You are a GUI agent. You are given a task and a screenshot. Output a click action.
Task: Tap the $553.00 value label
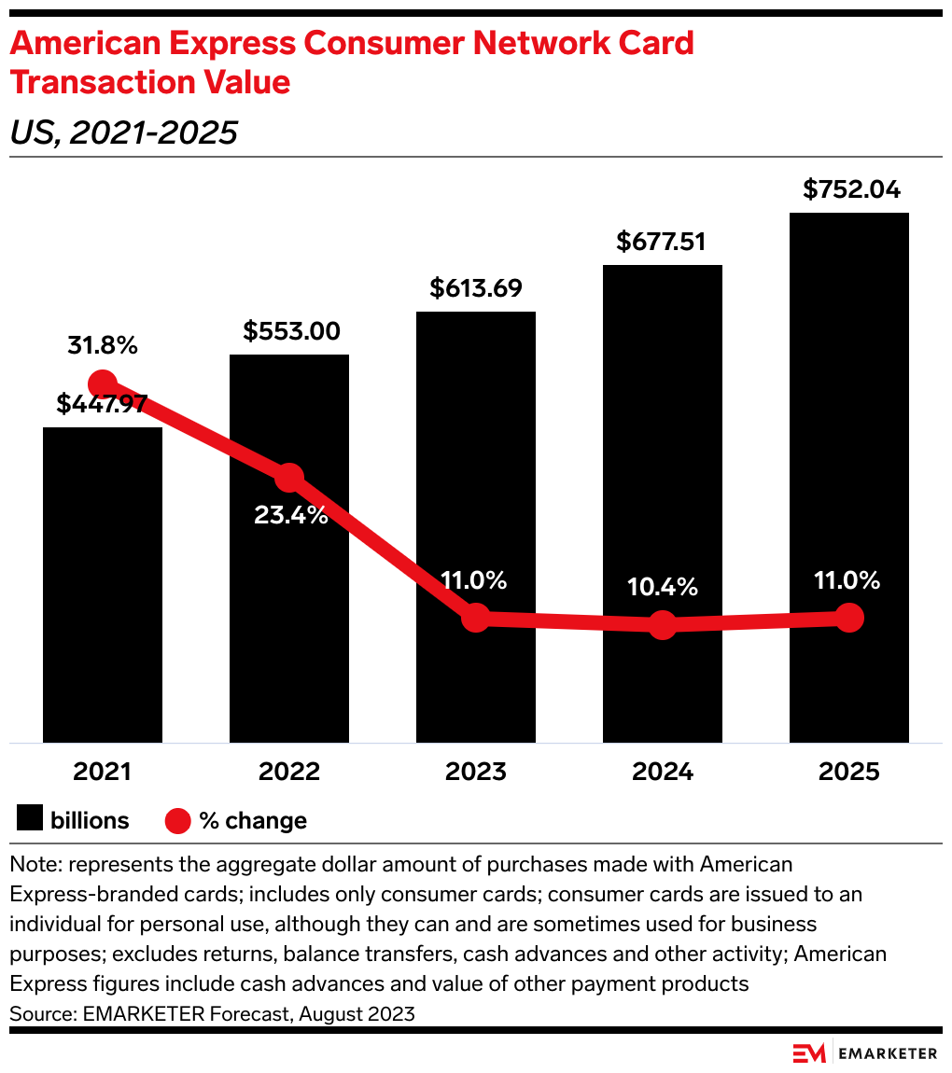click(x=291, y=331)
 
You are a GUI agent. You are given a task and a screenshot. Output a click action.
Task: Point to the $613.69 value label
click(x=476, y=288)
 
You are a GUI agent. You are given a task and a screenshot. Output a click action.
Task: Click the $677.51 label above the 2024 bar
click(x=661, y=242)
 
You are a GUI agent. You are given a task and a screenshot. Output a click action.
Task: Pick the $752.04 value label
click(x=851, y=189)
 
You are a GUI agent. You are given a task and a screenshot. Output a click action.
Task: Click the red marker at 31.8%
click(x=103, y=383)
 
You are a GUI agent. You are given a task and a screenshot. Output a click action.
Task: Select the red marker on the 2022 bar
click(x=289, y=477)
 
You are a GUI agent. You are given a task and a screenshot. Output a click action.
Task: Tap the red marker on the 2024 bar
click(x=662, y=624)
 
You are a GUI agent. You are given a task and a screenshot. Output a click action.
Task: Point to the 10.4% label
click(x=663, y=587)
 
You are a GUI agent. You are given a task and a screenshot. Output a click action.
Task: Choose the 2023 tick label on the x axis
click(x=476, y=773)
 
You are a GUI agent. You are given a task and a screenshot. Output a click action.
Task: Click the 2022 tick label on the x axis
click(x=289, y=773)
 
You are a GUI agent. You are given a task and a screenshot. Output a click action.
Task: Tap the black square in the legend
click(x=30, y=820)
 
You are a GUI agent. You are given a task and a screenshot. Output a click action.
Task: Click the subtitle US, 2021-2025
click(x=123, y=133)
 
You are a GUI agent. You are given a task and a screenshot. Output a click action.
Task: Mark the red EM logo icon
click(x=808, y=1053)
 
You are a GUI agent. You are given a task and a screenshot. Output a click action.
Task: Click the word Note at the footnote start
click(x=31, y=864)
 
